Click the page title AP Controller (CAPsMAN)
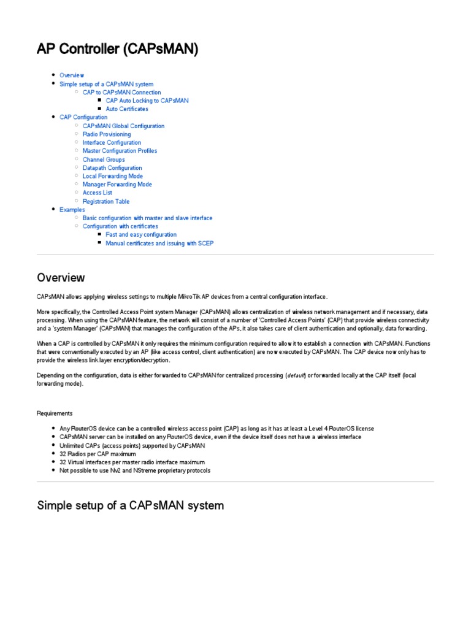pos(118,49)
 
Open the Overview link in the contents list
pos(72,75)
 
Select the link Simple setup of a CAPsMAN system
pos(106,84)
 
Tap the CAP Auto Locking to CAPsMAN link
pos(147,101)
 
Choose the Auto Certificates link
pos(127,109)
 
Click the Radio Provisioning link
pos(107,134)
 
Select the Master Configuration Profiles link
pos(120,151)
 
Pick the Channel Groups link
pos(104,159)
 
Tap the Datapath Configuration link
pos(112,168)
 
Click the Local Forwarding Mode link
pos(113,176)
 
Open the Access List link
pos(98,193)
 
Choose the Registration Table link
pos(106,201)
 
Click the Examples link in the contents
pos(72,210)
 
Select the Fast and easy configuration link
pos(141,235)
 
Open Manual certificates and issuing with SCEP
pos(159,243)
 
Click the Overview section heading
pos(61,278)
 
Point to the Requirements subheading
pos(55,413)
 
